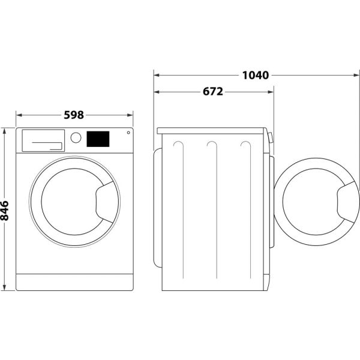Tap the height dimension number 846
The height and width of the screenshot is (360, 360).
pyautogui.click(x=5, y=211)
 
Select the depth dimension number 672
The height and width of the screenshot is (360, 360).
pyautogui.click(x=213, y=92)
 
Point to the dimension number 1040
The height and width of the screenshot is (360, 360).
pyautogui.click(x=255, y=75)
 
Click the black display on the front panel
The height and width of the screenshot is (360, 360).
pyautogui.click(x=98, y=139)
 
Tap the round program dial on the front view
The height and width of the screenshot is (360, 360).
pyautogui.click(x=76, y=137)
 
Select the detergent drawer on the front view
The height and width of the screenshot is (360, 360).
pyautogui.click(x=43, y=140)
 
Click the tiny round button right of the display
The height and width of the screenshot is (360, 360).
pyautogui.click(x=127, y=133)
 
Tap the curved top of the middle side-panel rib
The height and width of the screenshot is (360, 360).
pyautogui.click(x=211, y=143)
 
